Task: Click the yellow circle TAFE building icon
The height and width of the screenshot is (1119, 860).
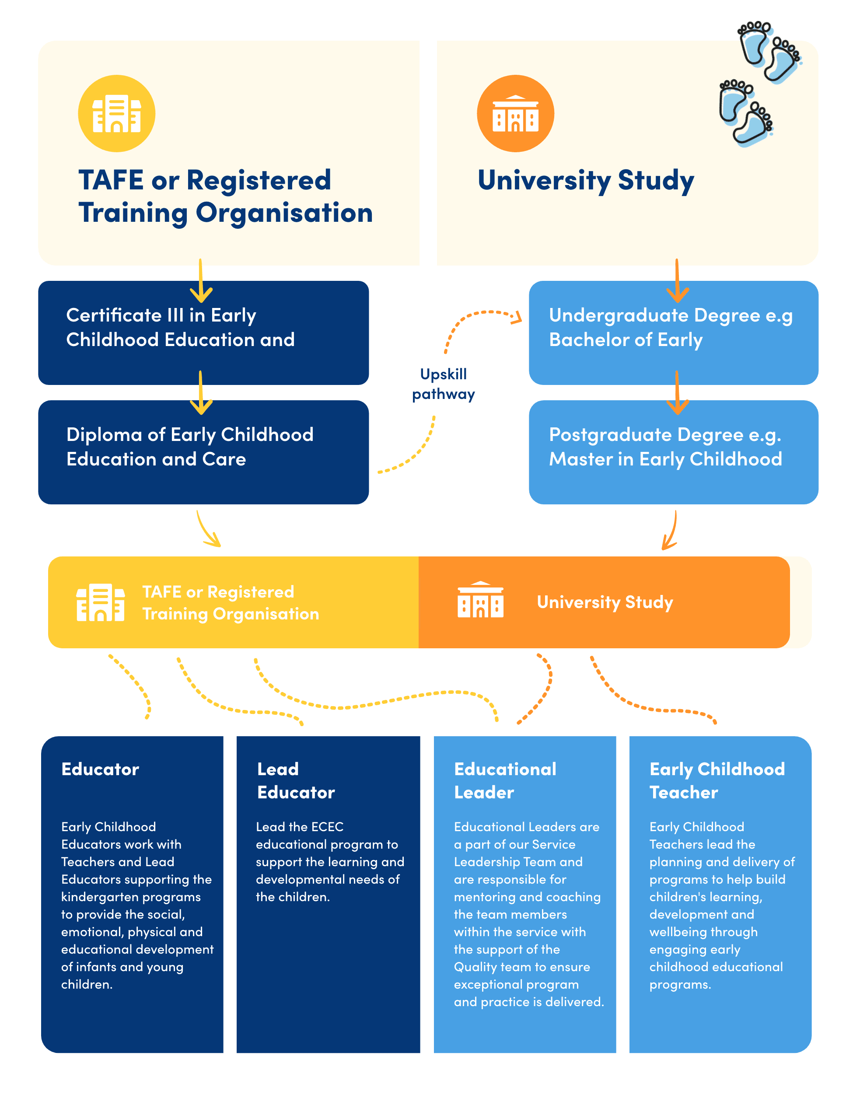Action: click(116, 113)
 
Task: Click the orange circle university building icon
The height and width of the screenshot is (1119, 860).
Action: click(515, 113)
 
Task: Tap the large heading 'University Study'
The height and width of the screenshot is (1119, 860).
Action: click(585, 180)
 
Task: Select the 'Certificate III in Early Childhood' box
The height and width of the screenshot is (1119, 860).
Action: click(203, 333)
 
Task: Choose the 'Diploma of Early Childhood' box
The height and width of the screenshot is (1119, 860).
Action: click(203, 452)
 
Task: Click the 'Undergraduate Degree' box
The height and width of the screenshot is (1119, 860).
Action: click(673, 333)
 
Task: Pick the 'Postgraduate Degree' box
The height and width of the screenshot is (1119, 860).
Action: click(673, 452)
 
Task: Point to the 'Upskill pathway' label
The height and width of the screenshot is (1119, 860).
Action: click(443, 384)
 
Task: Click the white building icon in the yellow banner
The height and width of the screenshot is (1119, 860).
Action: click(100, 602)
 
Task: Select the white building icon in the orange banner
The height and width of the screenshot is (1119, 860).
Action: click(480, 599)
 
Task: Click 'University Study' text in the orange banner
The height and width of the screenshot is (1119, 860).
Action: click(605, 602)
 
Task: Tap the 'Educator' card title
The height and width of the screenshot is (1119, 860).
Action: click(100, 769)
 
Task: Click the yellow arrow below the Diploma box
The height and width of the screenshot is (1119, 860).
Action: click(209, 530)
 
